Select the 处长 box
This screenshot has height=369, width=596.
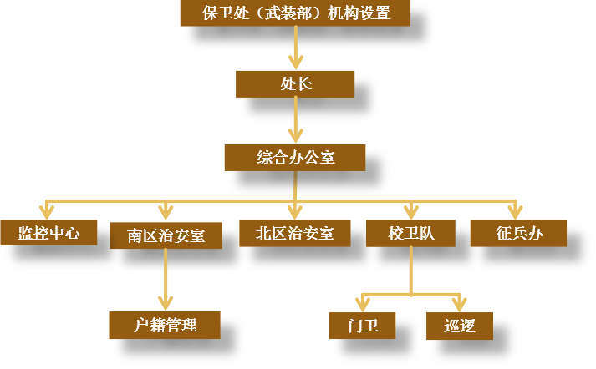click(295, 83)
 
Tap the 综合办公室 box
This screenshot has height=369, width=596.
click(295, 156)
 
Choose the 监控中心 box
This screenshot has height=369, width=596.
click(48, 233)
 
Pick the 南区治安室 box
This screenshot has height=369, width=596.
click(166, 235)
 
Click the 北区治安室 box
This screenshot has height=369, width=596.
click(294, 233)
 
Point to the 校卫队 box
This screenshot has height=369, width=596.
click(410, 234)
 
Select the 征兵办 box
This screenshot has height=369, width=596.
click(518, 233)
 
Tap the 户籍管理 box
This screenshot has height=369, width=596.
click(165, 325)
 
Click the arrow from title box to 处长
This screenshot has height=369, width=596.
click(295, 47)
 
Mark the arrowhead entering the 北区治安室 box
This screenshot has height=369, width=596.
click(294, 211)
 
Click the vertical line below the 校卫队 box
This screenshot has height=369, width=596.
click(410, 269)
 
